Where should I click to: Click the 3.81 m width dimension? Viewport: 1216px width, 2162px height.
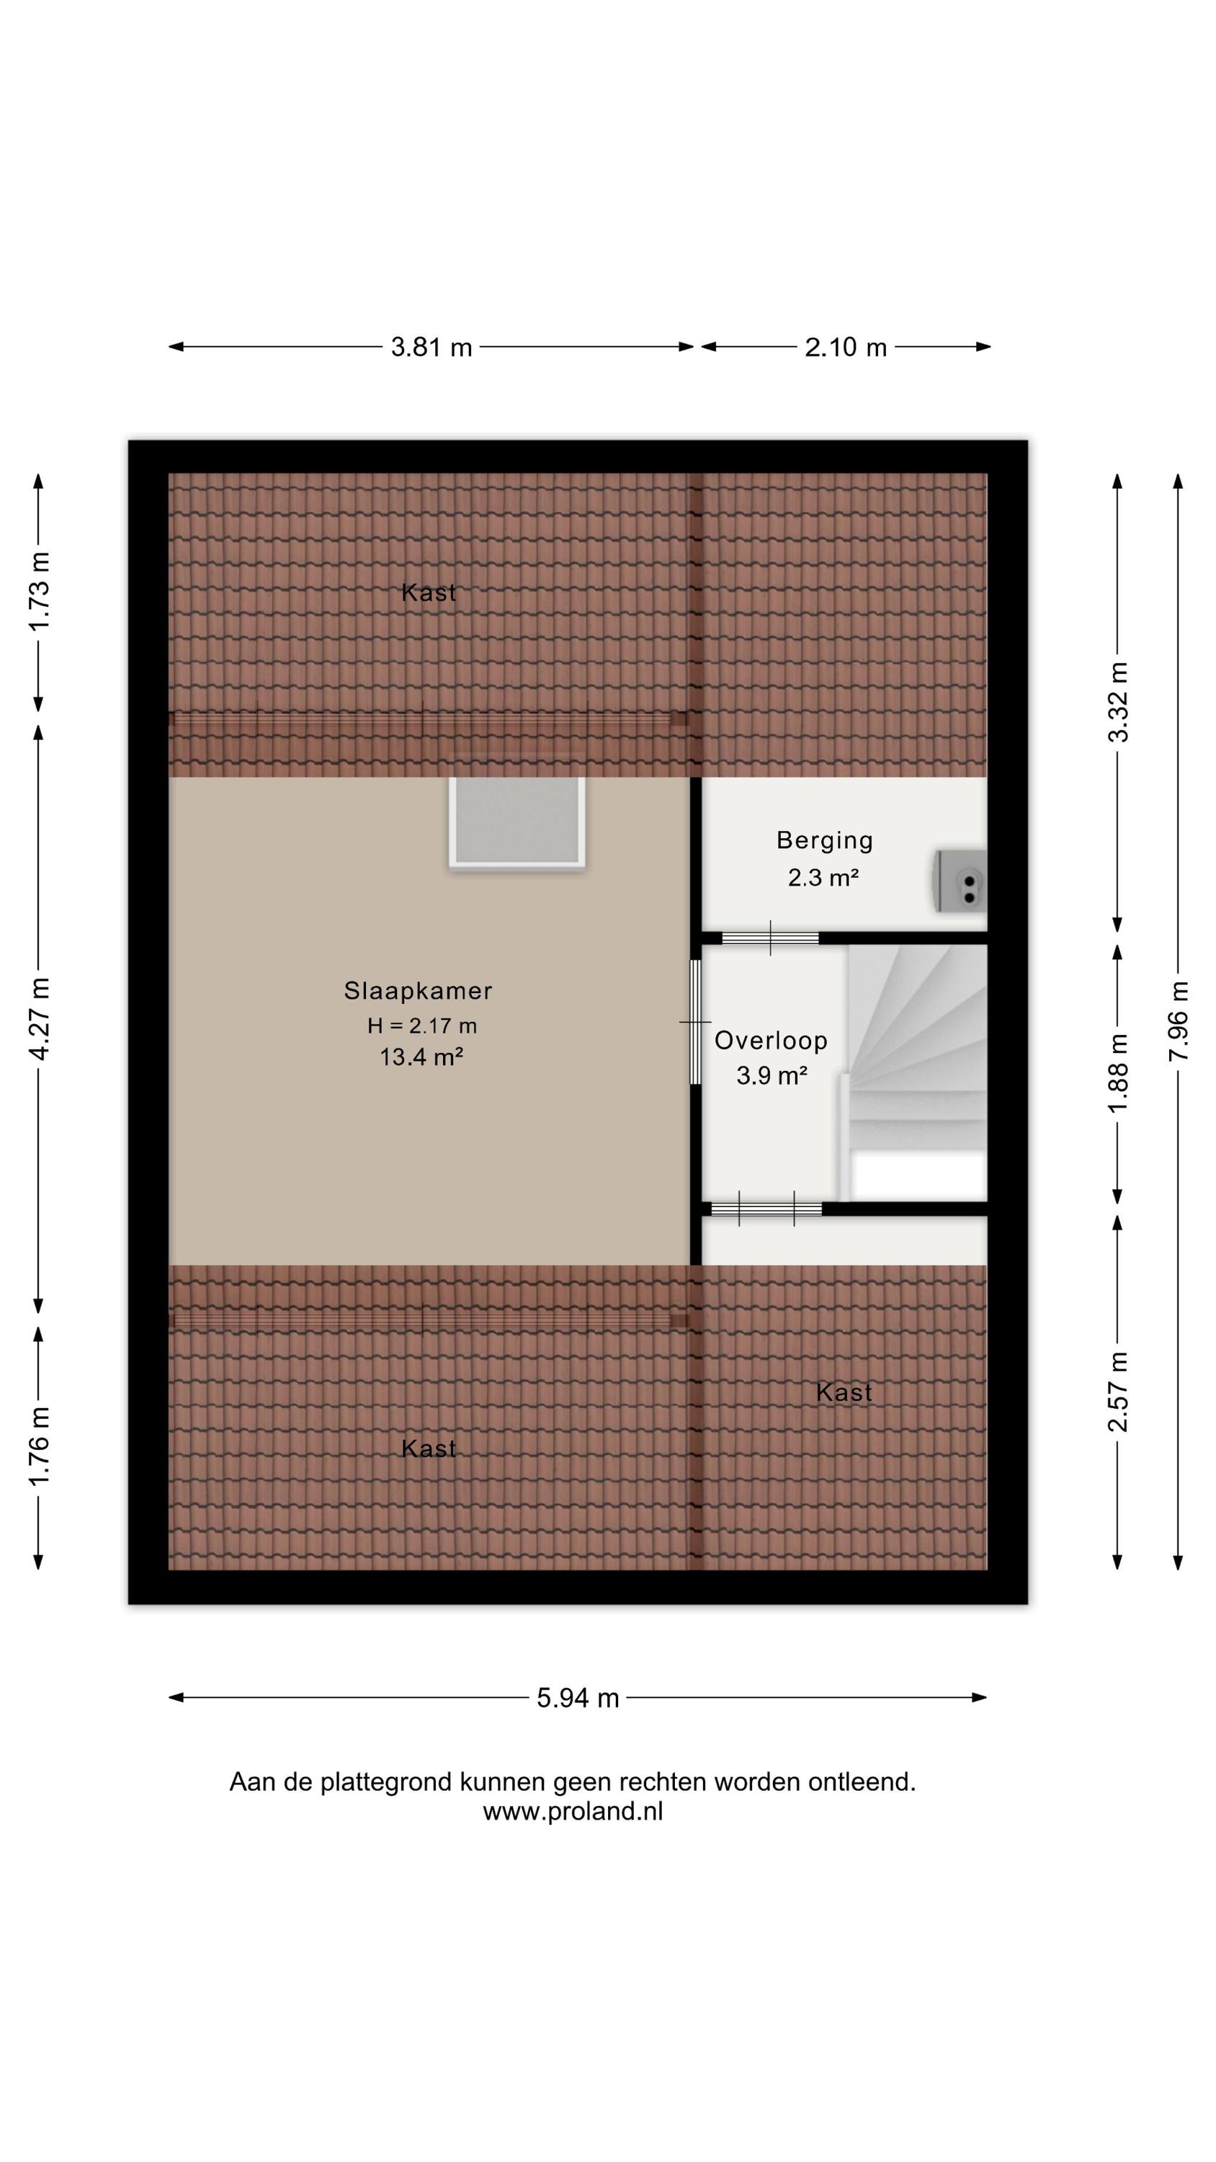click(432, 347)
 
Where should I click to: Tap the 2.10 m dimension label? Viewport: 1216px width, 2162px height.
click(845, 347)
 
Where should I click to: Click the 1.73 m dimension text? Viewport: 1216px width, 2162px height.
click(39, 591)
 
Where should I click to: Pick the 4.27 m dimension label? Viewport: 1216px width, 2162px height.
click(39, 1019)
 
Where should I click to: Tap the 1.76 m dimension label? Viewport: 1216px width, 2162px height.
click(39, 1446)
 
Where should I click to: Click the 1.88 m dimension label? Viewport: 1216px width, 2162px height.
click(1118, 1072)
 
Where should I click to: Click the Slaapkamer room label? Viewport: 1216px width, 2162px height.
click(418, 990)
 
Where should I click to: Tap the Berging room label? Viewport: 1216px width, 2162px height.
click(824, 840)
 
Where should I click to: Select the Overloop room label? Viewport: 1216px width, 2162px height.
click(770, 1041)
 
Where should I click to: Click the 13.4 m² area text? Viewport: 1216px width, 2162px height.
click(421, 1056)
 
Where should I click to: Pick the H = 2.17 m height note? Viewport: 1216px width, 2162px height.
click(421, 1025)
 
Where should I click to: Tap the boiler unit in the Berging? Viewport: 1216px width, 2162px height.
click(960, 881)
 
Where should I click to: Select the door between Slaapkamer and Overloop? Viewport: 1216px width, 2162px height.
click(695, 1021)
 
